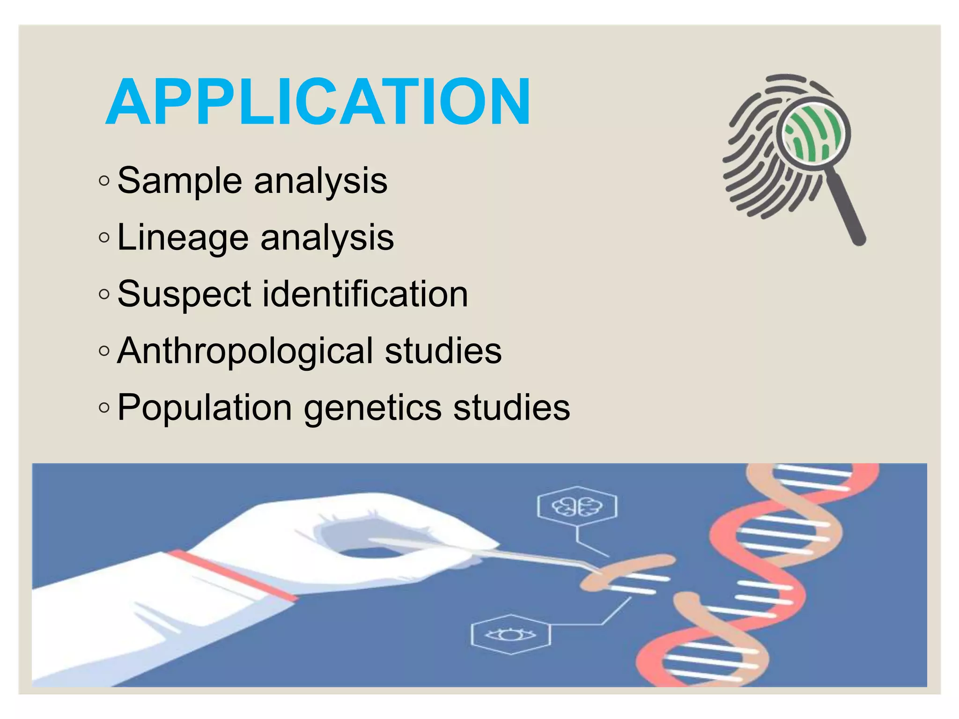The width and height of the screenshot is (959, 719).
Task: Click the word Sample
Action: [x=179, y=180]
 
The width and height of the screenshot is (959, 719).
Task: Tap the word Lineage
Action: [x=183, y=238]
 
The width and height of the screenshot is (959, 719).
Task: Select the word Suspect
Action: [x=184, y=294]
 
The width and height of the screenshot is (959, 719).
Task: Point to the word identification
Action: [x=365, y=293]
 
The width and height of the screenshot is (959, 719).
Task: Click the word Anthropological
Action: [x=245, y=351]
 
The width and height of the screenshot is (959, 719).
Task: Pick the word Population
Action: [x=205, y=408]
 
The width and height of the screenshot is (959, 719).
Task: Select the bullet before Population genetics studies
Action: [x=104, y=408]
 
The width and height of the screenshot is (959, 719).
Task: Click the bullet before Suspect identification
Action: [x=104, y=294]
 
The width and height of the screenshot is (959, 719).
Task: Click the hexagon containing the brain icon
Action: [x=577, y=507]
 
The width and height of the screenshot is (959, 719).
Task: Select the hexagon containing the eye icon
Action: [x=510, y=634]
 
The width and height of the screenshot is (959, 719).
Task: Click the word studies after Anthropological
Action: [x=443, y=351]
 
